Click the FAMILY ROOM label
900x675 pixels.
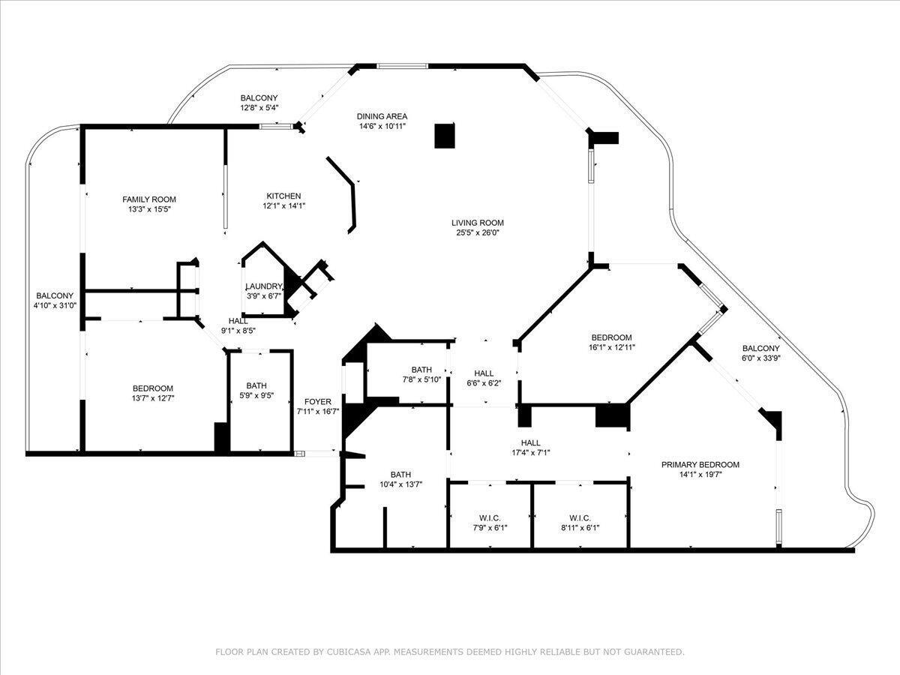coord(149,199)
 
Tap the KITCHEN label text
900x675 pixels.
coord(283,196)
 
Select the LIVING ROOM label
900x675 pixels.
coord(478,223)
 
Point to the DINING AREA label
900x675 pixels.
coord(382,116)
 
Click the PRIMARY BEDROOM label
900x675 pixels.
coord(700,465)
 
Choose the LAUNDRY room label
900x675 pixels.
coord(264,286)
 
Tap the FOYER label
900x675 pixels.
coord(318,402)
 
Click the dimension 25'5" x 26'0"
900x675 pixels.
coord(478,233)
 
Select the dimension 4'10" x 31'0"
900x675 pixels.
coord(55,305)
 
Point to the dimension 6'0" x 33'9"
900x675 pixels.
coord(761,358)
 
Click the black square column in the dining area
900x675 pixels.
coord(445,135)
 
